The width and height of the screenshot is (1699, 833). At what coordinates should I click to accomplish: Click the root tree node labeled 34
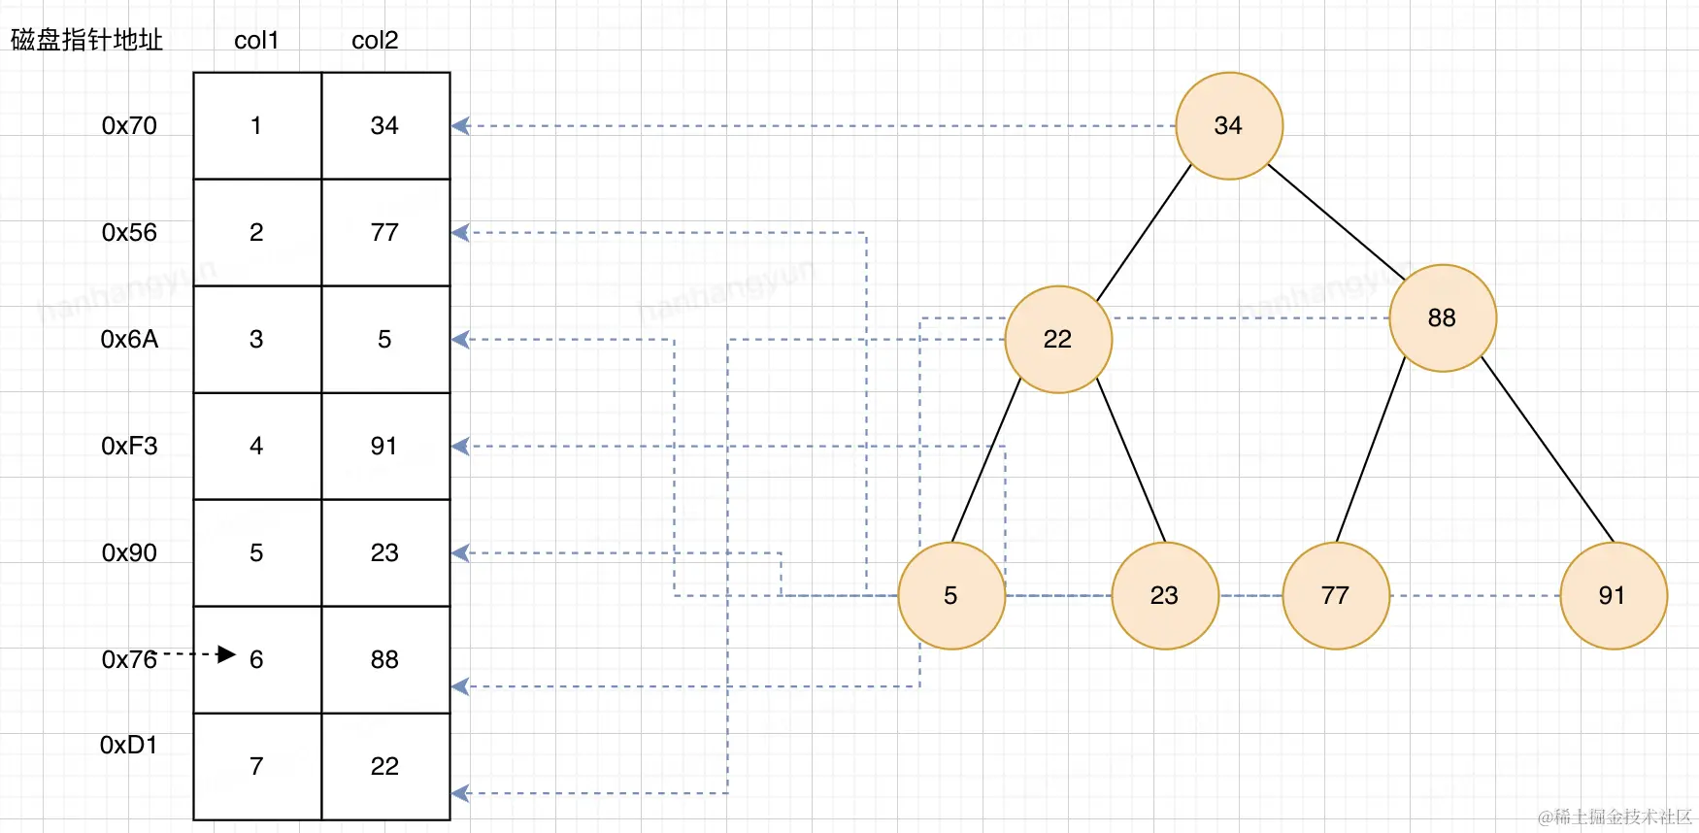tap(1229, 126)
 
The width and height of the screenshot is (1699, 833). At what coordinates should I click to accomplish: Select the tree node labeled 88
tap(1443, 318)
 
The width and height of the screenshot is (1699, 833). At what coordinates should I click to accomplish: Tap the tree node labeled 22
tap(1058, 339)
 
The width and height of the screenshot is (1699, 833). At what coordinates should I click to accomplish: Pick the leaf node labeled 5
tap(951, 595)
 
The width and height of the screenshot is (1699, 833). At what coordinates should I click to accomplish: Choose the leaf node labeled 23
tap(1165, 595)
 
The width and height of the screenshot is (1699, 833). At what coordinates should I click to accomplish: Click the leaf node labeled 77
tap(1336, 595)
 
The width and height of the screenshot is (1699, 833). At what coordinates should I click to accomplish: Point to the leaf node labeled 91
tap(1613, 595)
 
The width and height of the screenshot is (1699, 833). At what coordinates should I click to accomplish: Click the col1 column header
tap(256, 41)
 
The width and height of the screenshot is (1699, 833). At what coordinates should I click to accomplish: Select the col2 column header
tap(375, 41)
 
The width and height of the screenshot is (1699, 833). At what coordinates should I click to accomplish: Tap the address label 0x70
tap(129, 126)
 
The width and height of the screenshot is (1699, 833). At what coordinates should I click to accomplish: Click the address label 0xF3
tap(129, 446)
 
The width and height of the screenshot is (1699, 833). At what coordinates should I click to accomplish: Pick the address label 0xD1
tap(128, 745)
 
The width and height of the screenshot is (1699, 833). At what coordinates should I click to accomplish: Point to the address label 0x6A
tap(129, 339)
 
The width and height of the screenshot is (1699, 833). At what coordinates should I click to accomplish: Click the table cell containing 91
tap(385, 446)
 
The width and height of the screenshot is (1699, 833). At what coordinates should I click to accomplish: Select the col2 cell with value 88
tap(385, 659)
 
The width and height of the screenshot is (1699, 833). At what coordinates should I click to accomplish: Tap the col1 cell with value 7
tap(257, 766)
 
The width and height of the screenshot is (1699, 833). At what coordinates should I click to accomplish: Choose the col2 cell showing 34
tap(385, 126)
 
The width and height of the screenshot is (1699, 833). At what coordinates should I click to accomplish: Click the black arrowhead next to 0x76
tap(227, 654)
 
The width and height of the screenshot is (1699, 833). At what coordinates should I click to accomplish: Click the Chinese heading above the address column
tap(86, 40)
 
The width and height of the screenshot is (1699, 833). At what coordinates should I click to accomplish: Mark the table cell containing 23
tap(385, 552)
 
